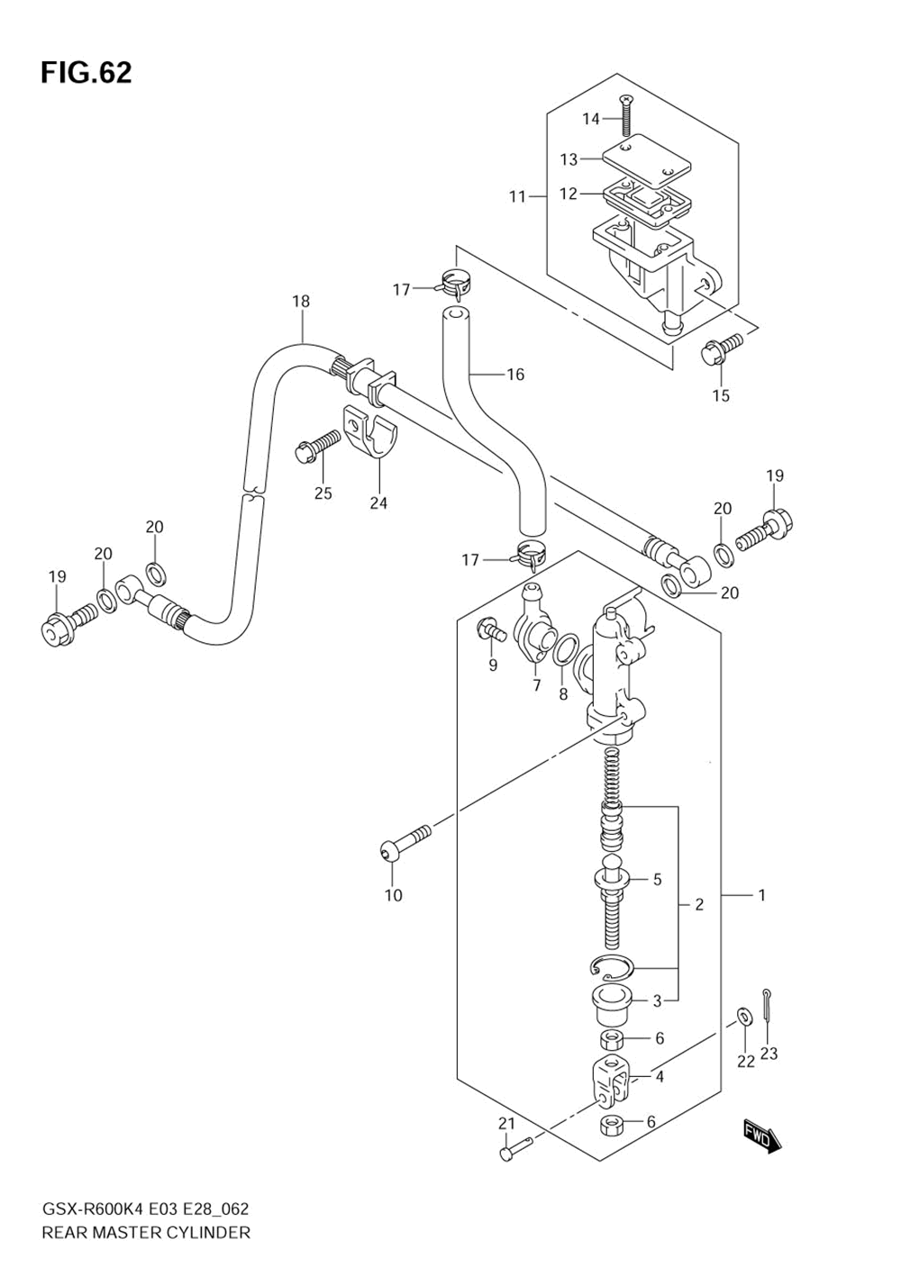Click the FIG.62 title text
point(86,73)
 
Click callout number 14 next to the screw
point(591,119)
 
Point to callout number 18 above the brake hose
point(301,302)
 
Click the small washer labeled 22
point(744,1015)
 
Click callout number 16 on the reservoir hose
point(515,375)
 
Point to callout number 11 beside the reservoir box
point(517,197)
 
